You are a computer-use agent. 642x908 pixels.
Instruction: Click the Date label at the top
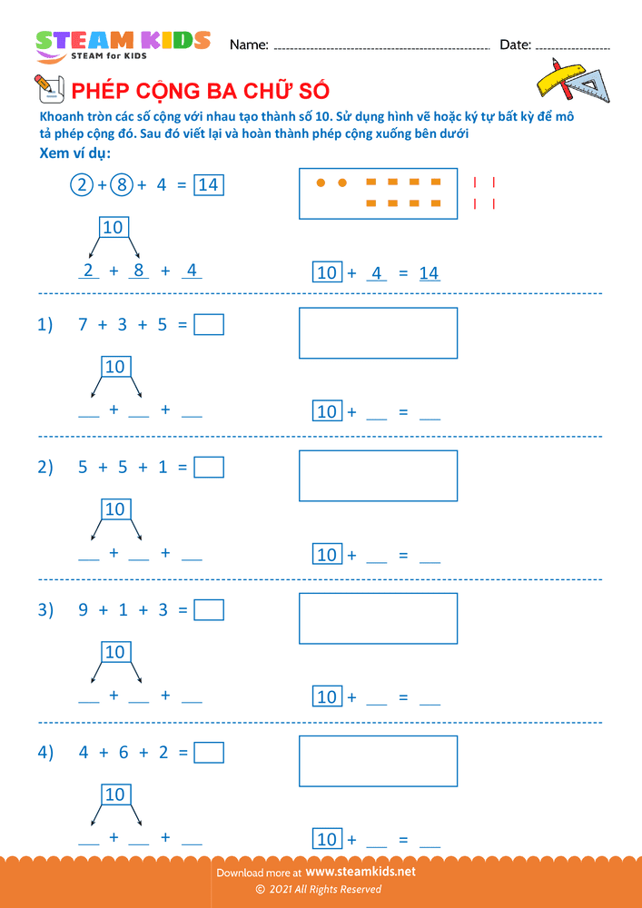(515, 44)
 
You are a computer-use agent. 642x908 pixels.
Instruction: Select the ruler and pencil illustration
(573, 79)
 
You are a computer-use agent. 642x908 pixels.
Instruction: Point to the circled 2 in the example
(82, 184)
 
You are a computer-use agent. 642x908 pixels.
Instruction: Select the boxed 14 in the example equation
(208, 184)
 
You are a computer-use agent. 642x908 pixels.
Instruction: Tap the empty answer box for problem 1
(209, 324)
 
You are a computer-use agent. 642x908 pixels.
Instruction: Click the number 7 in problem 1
(83, 324)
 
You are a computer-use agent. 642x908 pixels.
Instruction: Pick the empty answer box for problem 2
(209, 467)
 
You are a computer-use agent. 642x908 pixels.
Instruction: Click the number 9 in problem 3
(83, 609)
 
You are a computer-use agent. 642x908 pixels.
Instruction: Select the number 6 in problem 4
(123, 752)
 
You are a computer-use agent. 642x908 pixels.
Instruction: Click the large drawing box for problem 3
(378, 617)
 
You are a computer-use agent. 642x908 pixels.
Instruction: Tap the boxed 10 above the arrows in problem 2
(114, 509)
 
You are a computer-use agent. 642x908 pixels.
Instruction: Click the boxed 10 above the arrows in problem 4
(114, 794)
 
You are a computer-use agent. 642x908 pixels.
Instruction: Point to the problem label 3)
(45, 609)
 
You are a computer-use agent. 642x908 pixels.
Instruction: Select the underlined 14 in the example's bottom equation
(430, 272)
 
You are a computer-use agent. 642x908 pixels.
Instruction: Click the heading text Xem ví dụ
(75, 153)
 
